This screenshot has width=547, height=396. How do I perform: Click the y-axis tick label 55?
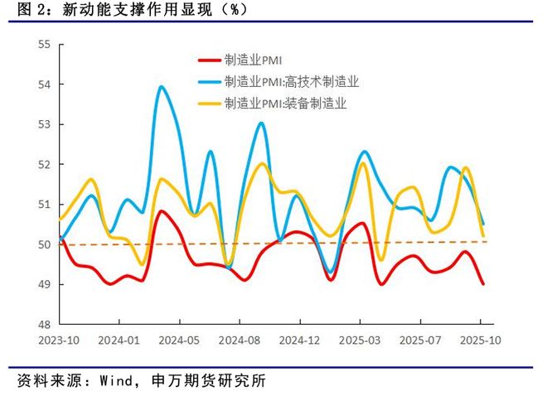point(44,45)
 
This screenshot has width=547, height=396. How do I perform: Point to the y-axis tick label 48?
point(44,324)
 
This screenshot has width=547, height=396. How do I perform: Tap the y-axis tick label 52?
point(44,164)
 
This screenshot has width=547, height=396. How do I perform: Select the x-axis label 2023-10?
point(59,340)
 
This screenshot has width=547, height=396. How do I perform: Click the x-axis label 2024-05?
point(179,340)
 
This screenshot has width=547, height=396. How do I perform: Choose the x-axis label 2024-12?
point(299,340)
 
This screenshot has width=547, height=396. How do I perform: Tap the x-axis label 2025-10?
point(481,340)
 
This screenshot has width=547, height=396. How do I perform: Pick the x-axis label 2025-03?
point(360,340)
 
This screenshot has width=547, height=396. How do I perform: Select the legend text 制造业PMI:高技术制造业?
point(292,81)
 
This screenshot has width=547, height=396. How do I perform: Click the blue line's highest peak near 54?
point(160,87)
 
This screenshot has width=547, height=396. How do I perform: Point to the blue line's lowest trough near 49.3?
point(331,272)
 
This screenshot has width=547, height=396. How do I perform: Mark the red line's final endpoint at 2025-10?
point(483,283)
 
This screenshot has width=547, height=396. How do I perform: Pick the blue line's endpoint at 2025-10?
point(483,224)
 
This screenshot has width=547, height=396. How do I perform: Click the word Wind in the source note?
point(119,382)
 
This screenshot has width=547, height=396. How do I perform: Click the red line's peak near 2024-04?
point(160,211)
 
